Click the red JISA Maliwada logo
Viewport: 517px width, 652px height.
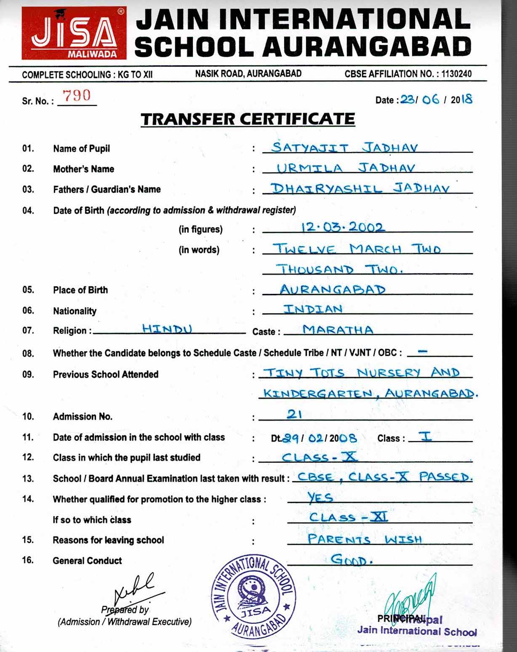click(x=74, y=34)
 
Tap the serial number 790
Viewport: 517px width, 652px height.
click(x=76, y=96)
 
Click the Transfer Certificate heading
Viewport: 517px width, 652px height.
click(x=248, y=119)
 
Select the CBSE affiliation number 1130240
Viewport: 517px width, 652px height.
click(x=456, y=74)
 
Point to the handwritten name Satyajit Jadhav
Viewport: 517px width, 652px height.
click(x=344, y=148)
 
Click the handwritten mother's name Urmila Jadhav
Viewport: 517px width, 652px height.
click(x=345, y=168)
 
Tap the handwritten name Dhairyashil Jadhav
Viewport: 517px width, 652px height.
click(x=360, y=188)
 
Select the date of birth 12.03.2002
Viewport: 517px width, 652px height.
click(x=343, y=227)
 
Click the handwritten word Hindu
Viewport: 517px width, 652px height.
click(x=167, y=329)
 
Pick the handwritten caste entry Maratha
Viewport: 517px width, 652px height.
click(x=338, y=329)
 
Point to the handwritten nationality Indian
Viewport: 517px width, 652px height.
click(x=312, y=309)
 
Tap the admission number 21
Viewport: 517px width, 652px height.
click(x=294, y=415)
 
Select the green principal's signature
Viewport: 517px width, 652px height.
click(x=410, y=599)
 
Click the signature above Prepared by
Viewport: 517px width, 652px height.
click(x=134, y=589)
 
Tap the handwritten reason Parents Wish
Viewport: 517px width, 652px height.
click(x=364, y=539)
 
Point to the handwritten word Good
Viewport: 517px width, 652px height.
click(x=352, y=560)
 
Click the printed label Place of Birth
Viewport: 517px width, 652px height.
click(x=80, y=290)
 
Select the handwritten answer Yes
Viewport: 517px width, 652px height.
click(x=320, y=498)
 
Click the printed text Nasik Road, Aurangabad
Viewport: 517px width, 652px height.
click(x=248, y=74)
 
